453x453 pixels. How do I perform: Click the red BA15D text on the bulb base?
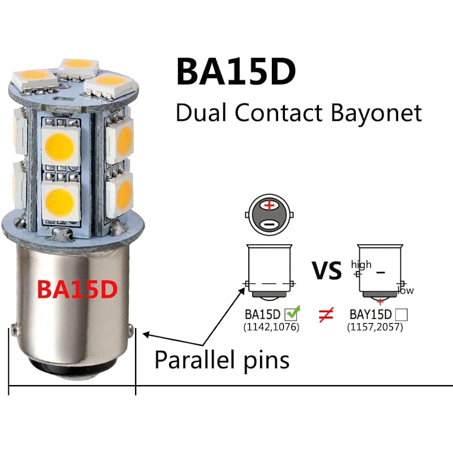click(77, 289)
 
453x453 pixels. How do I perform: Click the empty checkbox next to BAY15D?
click(401, 314)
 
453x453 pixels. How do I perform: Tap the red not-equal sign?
click(326, 314)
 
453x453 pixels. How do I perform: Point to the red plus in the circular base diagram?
click(270, 206)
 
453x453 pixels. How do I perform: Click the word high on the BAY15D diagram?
click(361, 264)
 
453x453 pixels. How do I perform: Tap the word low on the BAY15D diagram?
click(405, 290)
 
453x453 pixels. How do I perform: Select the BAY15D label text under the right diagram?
click(371, 314)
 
